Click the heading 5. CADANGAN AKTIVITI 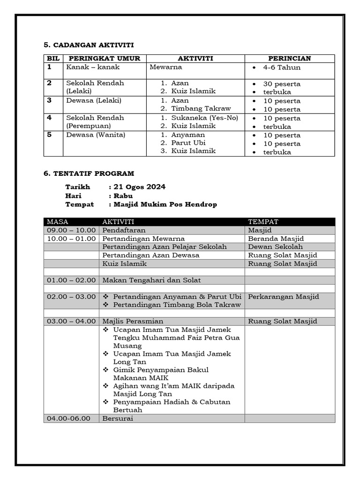click(89, 45)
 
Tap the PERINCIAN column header click(289, 59)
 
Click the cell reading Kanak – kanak click(93, 67)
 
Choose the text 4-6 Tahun click(282, 67)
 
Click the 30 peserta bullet click(282, 84)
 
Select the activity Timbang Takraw click(201, 108)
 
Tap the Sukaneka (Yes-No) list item click(204, 118)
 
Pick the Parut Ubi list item click(188, 142)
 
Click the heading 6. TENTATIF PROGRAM click(89, 173)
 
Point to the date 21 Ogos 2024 click(139, 187)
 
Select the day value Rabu click(123, 196)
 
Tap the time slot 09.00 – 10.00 click(71, 230)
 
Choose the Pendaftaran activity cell click(124, 230)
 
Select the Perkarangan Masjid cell click(283, 297)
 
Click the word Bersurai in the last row click(118, 418)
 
